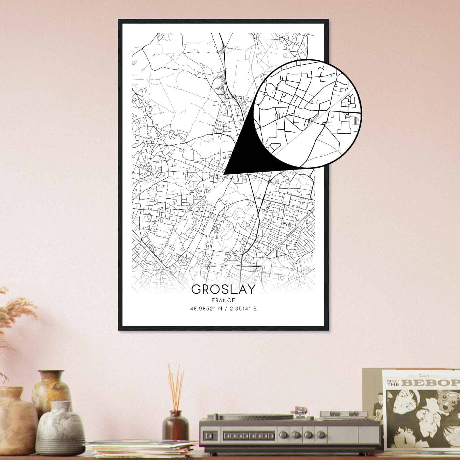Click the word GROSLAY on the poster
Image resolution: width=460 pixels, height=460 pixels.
pos(223,289)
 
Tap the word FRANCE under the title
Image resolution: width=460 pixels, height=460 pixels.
pos(223,300)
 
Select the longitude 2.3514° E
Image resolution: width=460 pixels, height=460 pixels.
pos(242,309)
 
